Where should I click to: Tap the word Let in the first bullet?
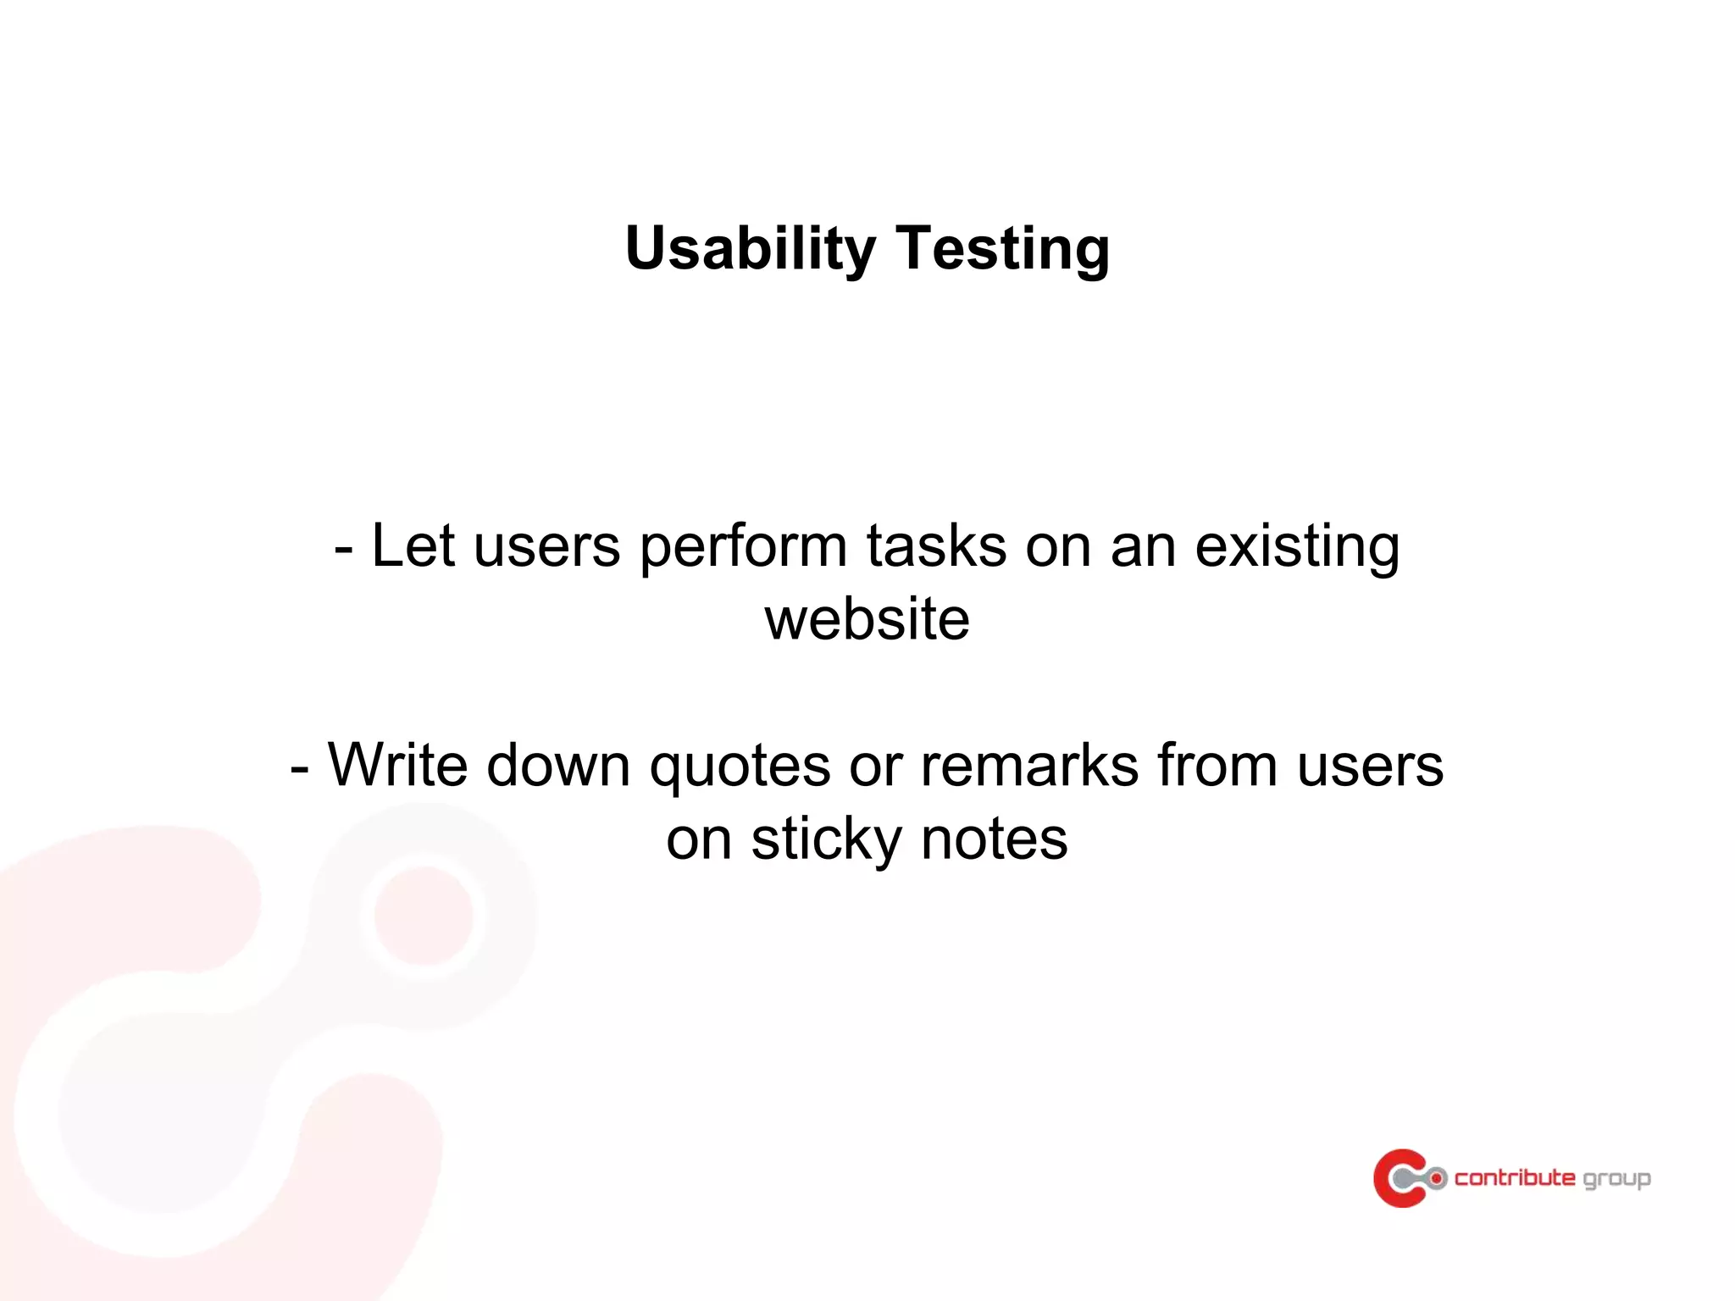click(x=413, y=545)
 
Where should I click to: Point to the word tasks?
click(x=936, y=545)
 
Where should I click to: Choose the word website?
click(x=867, y=619)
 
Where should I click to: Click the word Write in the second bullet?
click(x=397, y=765)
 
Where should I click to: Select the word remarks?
click(x=1029, y=765)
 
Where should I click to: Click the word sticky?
click(x=826, y=840)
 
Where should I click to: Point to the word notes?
click(x=994, y=840)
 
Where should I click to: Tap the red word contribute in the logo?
click(x=1514, y=1177)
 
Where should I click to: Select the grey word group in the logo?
click(x=1616, y=1179)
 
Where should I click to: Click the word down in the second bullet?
click(x=558, y=765)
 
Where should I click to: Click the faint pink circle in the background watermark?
click(x=424, y=916)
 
